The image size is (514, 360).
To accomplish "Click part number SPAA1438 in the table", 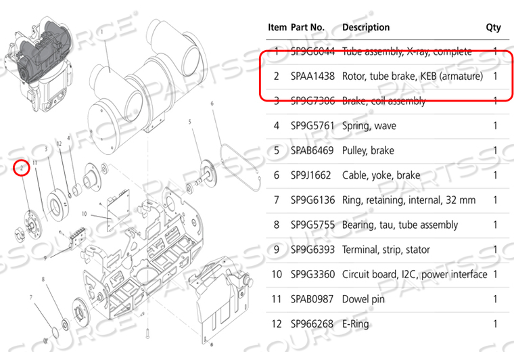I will pyautogui.click(x=310, y=76).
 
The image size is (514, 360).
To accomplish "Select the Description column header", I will pyautogui.click(x=366, y=28).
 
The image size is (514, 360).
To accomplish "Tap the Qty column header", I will pyautogui.click(x=493, y=28).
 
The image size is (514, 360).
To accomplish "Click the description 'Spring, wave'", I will pyautogui.click(x=369, y=126).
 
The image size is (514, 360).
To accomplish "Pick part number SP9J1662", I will pyautogui.click(x=310, y=175).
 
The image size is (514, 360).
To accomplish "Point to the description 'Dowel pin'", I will pyautogui.click(x=363, y=299).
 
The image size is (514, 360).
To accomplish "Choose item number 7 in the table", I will pyautogui.click(x=276, y=200).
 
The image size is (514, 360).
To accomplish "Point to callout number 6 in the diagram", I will pyautogui.click(x=212, y=103).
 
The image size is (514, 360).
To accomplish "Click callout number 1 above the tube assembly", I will pyautogui.click(x=101, y=32).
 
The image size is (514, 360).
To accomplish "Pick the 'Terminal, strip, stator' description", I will pyautogui.click(x=386, y=250).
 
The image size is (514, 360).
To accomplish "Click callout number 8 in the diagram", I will pyautogui.click(x=43, y=279).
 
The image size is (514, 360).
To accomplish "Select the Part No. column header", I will pyautogui.click(x=308, y=28).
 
